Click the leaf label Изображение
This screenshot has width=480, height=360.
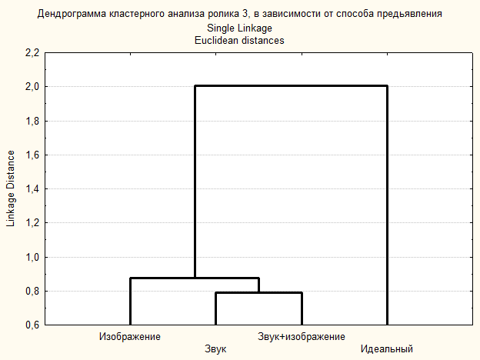[129, 337]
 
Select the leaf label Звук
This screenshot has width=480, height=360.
[215, 350]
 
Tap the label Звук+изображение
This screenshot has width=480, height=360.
[302, 337]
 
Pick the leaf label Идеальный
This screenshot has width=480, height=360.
[387, 350]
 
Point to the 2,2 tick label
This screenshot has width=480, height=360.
[32, 53]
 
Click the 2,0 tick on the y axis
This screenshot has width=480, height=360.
[32, 87]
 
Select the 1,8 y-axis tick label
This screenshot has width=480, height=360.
[32, 121]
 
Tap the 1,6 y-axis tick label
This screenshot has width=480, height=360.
[32, 155]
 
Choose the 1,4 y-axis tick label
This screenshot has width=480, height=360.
[32, 189]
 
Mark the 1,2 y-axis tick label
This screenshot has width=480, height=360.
[32, 223]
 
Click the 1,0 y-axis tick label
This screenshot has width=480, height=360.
[32, 257]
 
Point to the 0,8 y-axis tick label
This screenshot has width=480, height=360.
[32, 291]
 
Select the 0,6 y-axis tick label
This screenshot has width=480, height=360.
[32, 325]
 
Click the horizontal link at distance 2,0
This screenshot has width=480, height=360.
[291, 86]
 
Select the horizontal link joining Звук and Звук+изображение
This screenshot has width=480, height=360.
[258, 293]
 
